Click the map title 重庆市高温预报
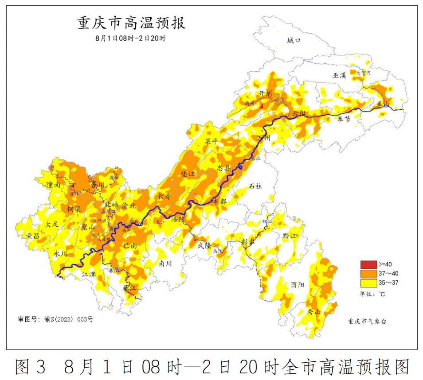[x=132, y=23]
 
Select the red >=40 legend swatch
[x=367, y=264]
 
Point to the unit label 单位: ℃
[x=373, y=294]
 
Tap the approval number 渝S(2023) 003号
[x=55, y=319]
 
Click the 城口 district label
[x=294, y=40]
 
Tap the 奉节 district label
[x=344, y=119]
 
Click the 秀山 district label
[x=314, y=312]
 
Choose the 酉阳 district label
[x=298, y=285]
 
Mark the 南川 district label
[x=165, y=263]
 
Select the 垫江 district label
[x=188, y=174]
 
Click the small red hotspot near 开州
[x=262, y=106]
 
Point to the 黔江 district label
[x=289, y=236]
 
